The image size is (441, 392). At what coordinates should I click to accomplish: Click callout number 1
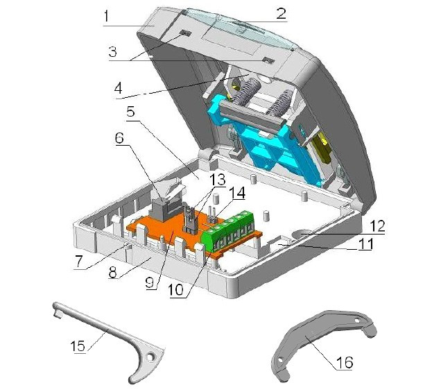tap(106, 16)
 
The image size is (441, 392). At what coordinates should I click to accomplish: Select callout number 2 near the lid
tap(281, 13)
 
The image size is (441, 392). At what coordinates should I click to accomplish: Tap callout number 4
tap(119, 89)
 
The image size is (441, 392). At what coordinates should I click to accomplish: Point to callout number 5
tap(131, 112)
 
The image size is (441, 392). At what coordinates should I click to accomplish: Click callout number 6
tap(119, 137)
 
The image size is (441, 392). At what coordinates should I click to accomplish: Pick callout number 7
tap(78, 261)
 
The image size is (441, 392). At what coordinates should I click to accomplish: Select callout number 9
tap(150, 282)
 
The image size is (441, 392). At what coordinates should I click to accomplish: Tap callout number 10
tap(176, 289)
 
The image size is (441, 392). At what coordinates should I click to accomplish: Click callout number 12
tap(377, 225)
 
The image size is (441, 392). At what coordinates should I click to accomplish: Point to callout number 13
tap(218, 179)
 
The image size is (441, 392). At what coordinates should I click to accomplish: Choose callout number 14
tap(237, 193)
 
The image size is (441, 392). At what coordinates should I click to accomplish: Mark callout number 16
tap(344, 362)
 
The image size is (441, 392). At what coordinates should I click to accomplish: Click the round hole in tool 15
tap(152, 357)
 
